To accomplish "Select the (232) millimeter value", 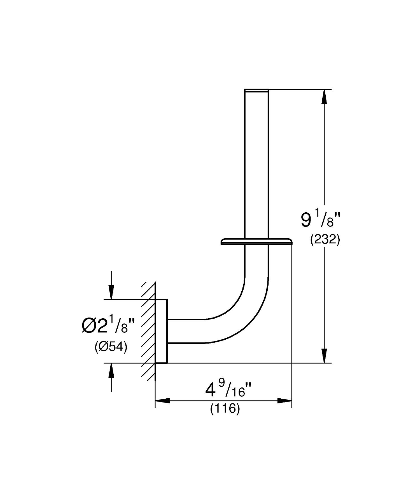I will tap(325, 240).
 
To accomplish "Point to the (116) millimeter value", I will tap(225, 409).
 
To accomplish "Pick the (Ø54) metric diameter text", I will tap(111, 347).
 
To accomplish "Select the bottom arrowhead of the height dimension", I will tap(324, 356).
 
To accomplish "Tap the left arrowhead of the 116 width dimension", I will tap(163, 401).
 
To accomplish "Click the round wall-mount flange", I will tap(161, 331).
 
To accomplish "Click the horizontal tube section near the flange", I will tap(185, 331).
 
